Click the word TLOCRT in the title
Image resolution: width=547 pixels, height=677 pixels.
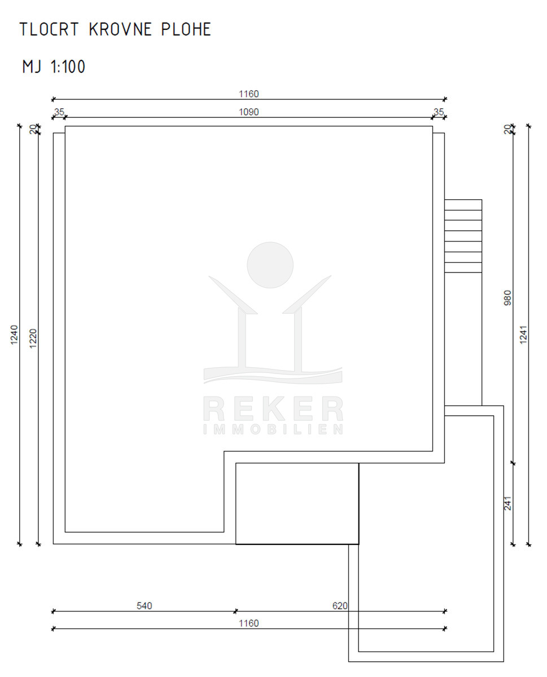(x=49, y=29)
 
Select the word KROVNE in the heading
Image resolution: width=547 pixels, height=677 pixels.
(x=120, y=29)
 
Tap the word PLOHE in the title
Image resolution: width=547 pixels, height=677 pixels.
(x=186, y=29)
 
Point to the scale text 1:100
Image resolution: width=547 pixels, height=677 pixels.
(x=68, y=67)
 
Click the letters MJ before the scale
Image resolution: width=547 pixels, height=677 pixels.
(x=32, y=67)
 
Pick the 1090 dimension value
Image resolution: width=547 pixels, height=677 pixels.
(x=249, y=112)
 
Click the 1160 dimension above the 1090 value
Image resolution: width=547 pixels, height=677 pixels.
(x=249, y=94)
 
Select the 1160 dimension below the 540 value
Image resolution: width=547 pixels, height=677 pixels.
(x=249, y=623)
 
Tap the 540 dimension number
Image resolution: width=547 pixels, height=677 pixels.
(x=145, y=605)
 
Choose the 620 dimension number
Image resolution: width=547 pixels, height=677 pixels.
(x=340, y=605)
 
